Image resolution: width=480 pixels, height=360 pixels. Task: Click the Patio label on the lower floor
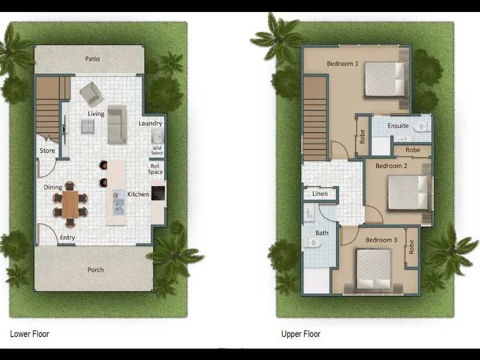coord(92,59)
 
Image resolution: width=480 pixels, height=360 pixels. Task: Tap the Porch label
coord(95,270)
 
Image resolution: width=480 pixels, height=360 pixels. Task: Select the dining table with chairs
coord(70,204)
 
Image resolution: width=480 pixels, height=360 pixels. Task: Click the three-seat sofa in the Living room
coord(117,125)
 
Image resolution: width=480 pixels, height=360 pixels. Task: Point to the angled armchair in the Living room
coord(91,94)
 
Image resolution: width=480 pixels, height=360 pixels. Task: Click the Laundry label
coord(150,124)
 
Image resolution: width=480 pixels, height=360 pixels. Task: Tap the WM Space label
coord(157,150)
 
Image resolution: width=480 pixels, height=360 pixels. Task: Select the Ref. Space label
coord(155,170)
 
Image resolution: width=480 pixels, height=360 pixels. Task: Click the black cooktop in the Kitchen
coord(158,193)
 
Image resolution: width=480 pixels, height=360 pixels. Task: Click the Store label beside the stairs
coord(47,151)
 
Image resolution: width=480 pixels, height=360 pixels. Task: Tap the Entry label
coord(67,238)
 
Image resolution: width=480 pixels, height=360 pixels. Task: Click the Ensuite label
coord(398,126)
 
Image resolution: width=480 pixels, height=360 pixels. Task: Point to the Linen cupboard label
coord(319,194)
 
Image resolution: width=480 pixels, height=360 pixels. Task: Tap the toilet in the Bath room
coord(313,243)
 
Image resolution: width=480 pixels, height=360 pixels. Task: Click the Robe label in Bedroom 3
coord(412,246)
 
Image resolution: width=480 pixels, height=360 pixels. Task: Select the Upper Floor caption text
coord(301,334)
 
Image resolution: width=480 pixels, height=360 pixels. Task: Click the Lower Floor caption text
coord(30,334)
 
